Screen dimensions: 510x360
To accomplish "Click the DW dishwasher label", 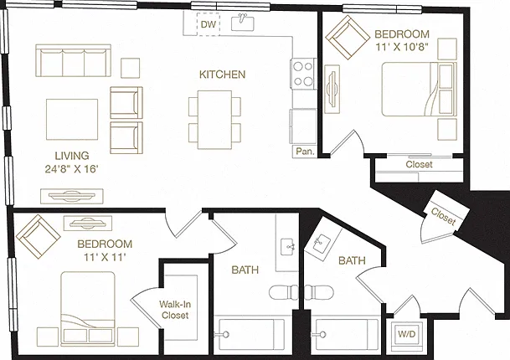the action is [x=209, y=24].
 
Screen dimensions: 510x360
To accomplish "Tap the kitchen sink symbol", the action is [x=243, y=23].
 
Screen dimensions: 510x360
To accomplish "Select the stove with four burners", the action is [x=303, y=74].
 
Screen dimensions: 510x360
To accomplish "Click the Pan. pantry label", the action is [x=305, y=152].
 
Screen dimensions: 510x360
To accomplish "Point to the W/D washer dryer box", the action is [x=406, y=334].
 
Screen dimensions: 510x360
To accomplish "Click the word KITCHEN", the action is [x=222, y=75].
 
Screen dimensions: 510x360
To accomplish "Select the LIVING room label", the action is [x=71, y=156].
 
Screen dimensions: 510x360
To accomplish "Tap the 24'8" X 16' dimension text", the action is [x=71, y=169].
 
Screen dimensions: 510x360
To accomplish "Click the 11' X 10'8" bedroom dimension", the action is [x=402, y=47].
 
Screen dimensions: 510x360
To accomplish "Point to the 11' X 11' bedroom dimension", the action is [x=105, y=257].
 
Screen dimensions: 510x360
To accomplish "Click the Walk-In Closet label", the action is [x=175, y=310].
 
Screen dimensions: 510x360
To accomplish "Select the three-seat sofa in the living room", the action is [x=73, y=60].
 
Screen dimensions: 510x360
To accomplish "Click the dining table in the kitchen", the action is [x=214, y=120].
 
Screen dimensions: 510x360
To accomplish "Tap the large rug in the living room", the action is [x=72, y=120].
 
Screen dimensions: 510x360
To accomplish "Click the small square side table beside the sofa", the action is [x=130, y=68].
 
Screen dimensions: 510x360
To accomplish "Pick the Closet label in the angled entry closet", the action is [x=443, y=217].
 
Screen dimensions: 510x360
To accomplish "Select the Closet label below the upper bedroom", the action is [x=419, y=164].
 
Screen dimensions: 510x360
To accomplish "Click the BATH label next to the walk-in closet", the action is [x=245, y=270].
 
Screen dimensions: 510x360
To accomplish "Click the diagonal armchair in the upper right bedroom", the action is [x=348, y=38].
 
